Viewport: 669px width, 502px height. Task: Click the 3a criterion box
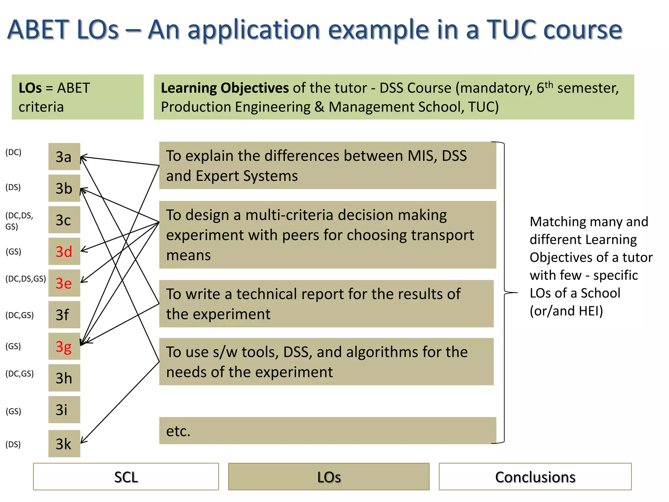click(64, 157)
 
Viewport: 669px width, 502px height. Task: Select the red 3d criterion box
click(64, 251)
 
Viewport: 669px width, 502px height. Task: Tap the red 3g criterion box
click(64, 346)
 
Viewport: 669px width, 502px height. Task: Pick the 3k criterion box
click(64, 443)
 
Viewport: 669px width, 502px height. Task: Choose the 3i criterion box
click(64, 410)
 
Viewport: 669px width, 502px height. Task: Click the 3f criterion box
click(64, 315)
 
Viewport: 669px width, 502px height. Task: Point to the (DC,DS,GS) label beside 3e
click(25, 279)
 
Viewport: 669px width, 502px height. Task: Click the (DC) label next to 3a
click(13, 152)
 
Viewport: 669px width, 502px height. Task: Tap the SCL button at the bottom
click(126, 477)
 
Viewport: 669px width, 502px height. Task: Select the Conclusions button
click(535, 477)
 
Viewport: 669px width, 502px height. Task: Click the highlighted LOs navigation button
click(329, 477)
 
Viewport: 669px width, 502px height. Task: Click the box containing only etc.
click(327, 431)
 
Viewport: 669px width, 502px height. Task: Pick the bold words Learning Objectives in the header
click(225, 88)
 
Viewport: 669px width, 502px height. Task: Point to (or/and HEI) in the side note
click(566, 311)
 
